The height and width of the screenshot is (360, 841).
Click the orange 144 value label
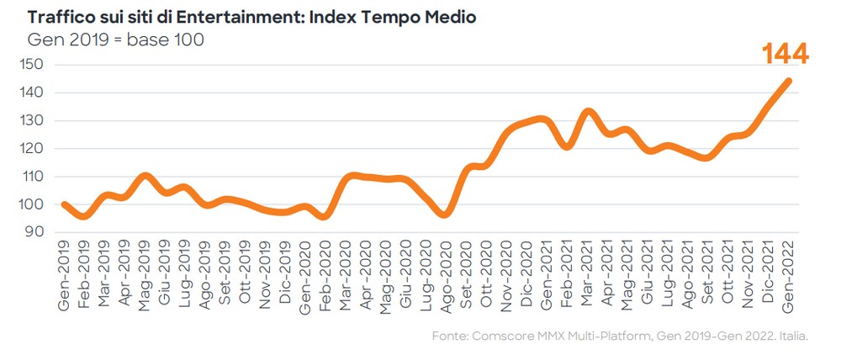(x=785, y=54)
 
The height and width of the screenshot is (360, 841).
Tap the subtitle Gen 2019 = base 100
(x=116, y=40)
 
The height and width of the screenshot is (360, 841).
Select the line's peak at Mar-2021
(x=588, y=111)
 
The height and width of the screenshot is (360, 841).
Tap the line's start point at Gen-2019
(x=65, y=204)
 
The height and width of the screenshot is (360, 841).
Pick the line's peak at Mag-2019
(x=145, y=176)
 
